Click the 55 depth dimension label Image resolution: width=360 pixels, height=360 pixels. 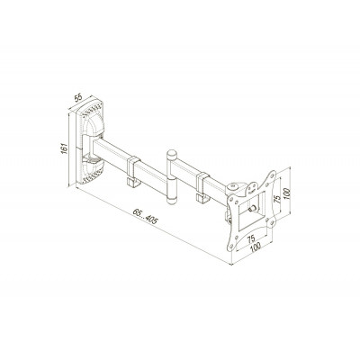pos(78,97)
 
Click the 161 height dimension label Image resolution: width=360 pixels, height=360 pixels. pos(64,149)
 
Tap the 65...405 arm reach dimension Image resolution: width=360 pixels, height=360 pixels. pos(145,217)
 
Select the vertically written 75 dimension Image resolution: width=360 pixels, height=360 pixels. pos(278,198)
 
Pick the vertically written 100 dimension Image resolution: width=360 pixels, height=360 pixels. pos(286,193)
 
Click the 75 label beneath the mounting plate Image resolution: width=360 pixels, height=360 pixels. pos(251,238)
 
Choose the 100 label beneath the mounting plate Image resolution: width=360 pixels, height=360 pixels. pos(256,247)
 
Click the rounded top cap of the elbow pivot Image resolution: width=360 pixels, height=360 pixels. pos(172,155)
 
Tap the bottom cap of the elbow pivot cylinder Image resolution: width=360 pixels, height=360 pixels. pos(172,201)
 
